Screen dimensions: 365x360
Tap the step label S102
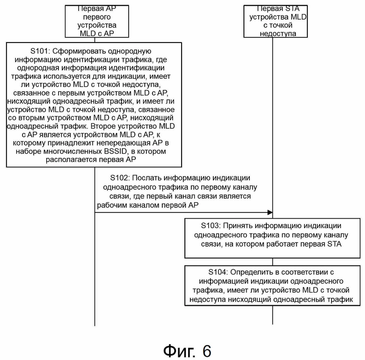tap(120, 178)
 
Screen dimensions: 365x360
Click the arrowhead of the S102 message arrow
tap(270, 213)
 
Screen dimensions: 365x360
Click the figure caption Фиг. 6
tap(187, 351)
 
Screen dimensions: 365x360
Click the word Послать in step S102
tap(146, 178)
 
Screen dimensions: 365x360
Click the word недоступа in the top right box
tap(278, 34)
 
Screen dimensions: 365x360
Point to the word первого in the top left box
tap(97, 17)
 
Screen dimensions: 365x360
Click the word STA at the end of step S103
tap(335, 244)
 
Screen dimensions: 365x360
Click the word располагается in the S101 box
tap(72, 160)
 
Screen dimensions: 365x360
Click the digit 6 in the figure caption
tap(207, 351)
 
